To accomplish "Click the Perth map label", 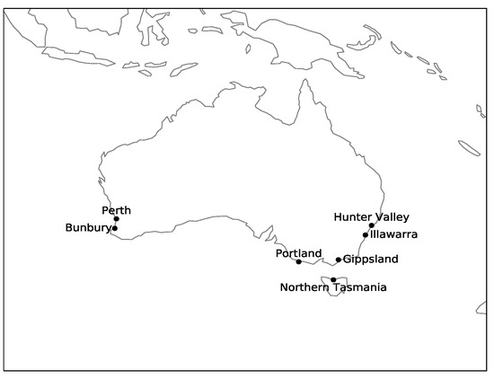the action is click(116, 210).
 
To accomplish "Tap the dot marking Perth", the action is click(116, 218).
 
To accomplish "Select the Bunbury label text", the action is click(88, 228).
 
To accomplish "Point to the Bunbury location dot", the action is click(114, 228).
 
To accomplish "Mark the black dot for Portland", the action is click(298, 261).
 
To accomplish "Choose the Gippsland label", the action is click(370, 260).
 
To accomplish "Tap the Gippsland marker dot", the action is click(339, 260).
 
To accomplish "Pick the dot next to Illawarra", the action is click(366, 234).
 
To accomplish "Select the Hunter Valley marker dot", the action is click(371, 225).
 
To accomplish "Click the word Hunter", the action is click(352, 216).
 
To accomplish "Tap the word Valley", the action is click(392, 216).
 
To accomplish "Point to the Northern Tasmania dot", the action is click(333, 279).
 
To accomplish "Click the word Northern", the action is click(304, 287).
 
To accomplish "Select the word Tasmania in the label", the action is click(359, 287).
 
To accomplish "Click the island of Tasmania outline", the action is click(337, 288).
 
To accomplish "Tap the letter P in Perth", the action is click(105, 210).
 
